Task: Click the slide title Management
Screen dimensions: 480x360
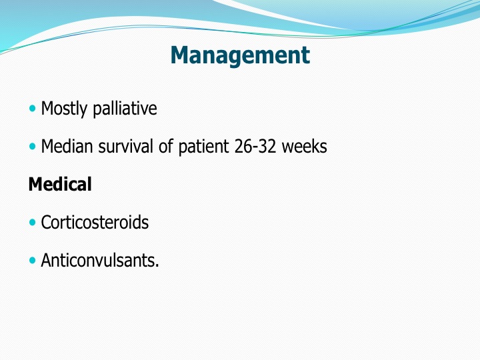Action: pyautogui.click(x=240, y=56)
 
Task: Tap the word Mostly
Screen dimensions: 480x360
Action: pyautogui.click(x=64, y=109)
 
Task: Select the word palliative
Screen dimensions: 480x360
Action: pyautogui.click(x=125, y=109)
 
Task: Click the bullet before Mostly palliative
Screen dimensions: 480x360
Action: pyautogui.click(x=32, y=109)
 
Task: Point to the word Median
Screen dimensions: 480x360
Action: pyautogui.click(x=67, y=146)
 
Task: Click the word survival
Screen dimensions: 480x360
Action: pyautogui.click(x=125, y=146)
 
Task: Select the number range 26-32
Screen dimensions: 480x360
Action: pyautogui.click(x=255, y=146)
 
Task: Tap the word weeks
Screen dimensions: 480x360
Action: pyautogui.click(x=304, y=146)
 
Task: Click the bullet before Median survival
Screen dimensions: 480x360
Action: pyautogui.click(x=32, y=146)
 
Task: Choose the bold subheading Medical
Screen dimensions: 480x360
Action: pyautogui.click(x=60, y=184)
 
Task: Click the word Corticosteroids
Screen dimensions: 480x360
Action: pyautogui.click(x=95, y=222)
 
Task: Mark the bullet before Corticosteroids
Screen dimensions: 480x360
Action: pyautogui.click(x=32, y=222)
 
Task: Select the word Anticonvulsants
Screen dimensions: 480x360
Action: pyautogui.click(x=100, y=260)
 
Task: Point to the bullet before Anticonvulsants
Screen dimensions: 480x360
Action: pyautogui.click(x=32, y=260)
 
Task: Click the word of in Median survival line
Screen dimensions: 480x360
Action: pyautogui.click(x=165, y=146)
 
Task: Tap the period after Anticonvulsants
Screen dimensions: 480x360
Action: pyautogui.click(x=157, y=266)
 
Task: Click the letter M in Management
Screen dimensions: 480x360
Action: pyautogui.click(x=181, y=55)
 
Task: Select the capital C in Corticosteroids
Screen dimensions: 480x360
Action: pyautogui.click(x=46, y=223)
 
